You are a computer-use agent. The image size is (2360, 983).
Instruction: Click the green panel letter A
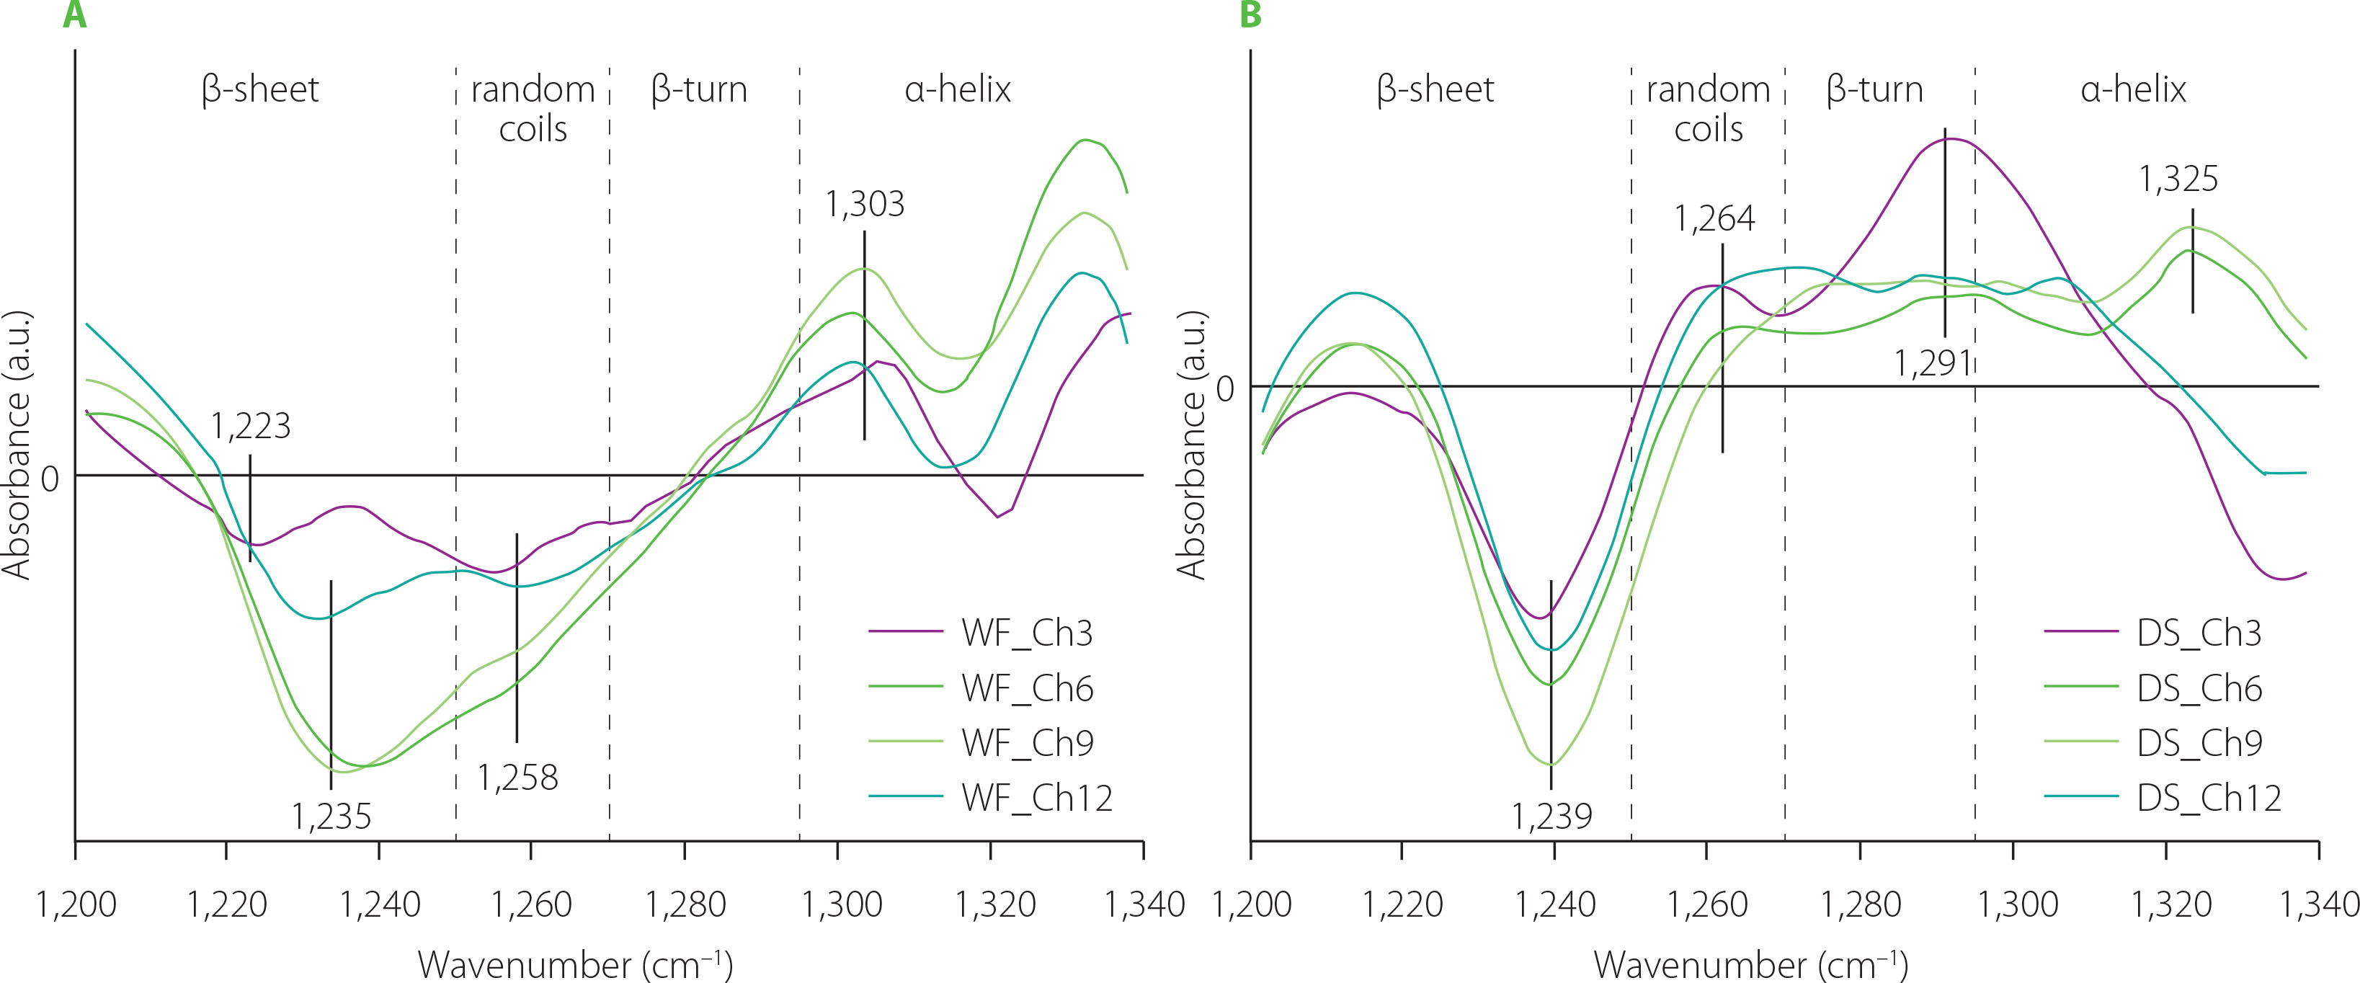click(75, 16)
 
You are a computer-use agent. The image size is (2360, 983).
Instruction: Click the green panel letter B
click(1250, 16)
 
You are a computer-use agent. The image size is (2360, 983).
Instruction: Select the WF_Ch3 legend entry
click(1026, 633)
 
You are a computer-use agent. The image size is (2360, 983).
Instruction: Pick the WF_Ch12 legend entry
click(1036, 798)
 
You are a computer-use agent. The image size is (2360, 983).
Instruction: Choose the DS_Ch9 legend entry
click(2199, 743)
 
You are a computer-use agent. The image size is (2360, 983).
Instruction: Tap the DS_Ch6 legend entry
click(2199, 688)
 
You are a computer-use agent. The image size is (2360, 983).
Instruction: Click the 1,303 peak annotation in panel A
click(865, 204)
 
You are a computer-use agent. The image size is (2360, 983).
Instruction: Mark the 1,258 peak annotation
click(517, 778)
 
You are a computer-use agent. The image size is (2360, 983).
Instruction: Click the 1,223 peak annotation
click(251, 426)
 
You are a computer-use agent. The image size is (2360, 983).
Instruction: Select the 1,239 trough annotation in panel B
click(1552, 815)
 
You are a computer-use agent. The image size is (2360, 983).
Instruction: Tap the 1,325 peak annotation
click(2178, 179)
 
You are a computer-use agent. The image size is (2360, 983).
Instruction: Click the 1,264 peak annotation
click(1714, 219)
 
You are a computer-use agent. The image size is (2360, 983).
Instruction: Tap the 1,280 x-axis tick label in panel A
click(685, 905)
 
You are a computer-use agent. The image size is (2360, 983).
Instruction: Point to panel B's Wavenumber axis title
click(1751, 964)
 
